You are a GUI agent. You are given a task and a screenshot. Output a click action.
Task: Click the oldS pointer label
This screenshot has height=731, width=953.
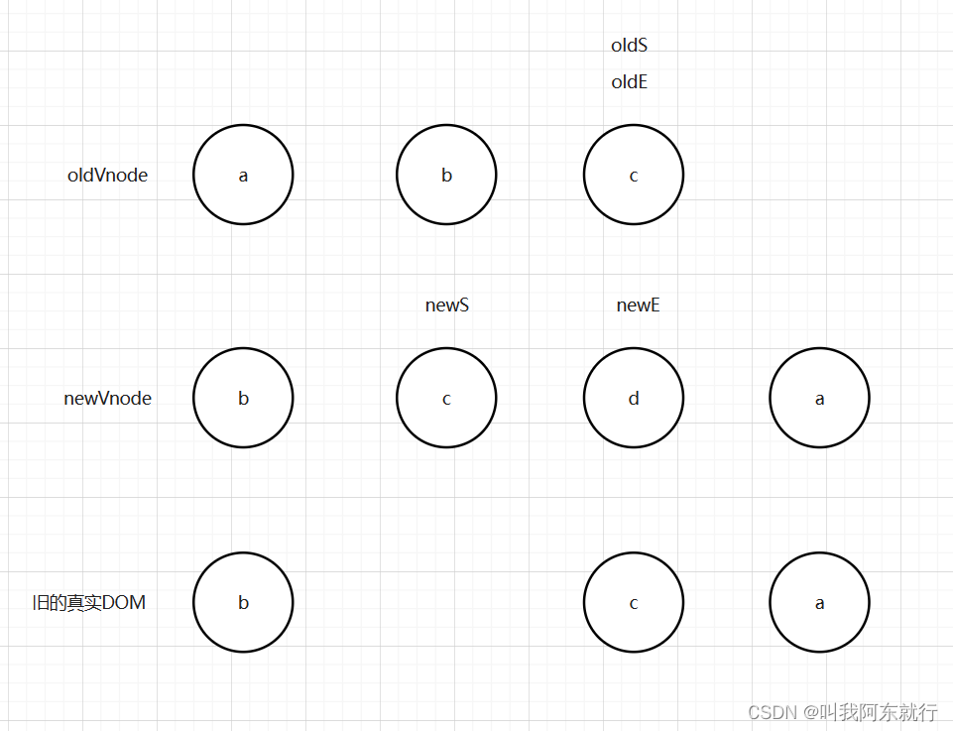pos(630,46)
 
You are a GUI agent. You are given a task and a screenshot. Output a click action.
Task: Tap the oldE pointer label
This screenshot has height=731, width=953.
pos(630,82)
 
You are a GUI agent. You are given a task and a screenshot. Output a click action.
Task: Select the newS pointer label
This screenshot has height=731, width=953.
pos(447,305)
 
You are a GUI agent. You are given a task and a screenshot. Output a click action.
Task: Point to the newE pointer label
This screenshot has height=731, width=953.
pos(639,305)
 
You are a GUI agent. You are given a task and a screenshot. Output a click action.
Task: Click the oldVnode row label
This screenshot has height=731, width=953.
pos(107,176)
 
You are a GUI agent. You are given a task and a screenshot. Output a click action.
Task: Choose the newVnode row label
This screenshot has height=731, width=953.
pos(107,399)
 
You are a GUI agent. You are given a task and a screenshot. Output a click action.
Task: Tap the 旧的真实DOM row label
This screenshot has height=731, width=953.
pos(89,602)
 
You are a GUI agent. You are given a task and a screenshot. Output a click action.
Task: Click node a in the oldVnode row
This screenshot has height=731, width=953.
pos(243,175)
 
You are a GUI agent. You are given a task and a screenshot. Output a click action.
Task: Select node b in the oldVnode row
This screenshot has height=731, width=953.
pos(446,175)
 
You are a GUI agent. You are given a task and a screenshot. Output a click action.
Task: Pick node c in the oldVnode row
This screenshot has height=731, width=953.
pos(634,175)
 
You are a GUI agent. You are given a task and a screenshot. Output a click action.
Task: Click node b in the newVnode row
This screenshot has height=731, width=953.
pos(243,398)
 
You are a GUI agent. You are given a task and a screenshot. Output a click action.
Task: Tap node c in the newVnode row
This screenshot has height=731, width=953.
pos(446,398)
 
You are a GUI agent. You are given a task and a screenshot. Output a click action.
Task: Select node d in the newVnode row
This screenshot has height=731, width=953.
pos(634,398)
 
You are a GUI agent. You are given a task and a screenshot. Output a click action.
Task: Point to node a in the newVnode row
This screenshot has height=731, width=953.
pos(819,398)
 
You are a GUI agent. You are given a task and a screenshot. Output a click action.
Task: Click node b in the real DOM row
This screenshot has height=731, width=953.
pos(243,602)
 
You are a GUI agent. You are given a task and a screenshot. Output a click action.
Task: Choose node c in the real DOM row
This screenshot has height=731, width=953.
pos(634,602)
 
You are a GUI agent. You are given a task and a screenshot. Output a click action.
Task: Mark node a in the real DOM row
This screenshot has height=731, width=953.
pos(819,602)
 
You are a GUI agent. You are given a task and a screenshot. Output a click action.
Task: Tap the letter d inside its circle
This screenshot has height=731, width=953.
pos(634,399)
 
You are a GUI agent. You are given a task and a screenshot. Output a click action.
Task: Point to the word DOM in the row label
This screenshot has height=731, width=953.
pos(124,602)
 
